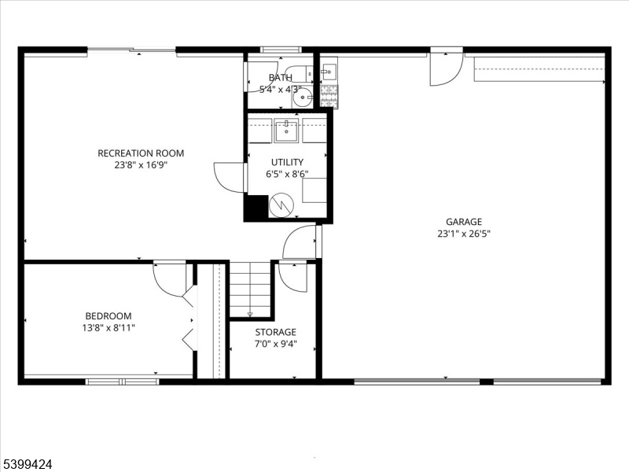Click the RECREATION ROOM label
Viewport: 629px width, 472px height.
click(141, 153)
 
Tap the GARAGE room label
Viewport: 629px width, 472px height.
click(464, 222)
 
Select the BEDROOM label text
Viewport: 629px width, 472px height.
click(109, 316)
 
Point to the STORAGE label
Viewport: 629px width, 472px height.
click(276, 332)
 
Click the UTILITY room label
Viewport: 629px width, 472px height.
click(287, 162)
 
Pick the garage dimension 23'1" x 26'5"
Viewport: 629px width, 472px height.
click(464, 234)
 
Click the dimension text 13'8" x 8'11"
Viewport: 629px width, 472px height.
click(109, 328)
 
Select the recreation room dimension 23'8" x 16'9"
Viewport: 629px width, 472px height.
click(141, 165)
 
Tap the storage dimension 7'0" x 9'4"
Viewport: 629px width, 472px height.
click(276, 344)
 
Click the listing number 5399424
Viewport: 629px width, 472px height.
click(27, 464)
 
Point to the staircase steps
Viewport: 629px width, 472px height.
click(250, 289)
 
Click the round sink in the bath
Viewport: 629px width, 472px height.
click(302, 97)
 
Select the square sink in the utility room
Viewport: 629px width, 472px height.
click(286, 131)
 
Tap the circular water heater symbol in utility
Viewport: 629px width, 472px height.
click(281, 205)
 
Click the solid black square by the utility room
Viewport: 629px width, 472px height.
click(256, 207)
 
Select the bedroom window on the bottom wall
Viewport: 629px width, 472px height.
click(123, 382)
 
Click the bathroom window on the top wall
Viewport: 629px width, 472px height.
click(281, 50)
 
